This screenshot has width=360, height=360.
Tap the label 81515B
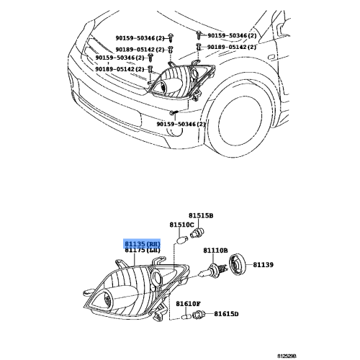tap(202, 215)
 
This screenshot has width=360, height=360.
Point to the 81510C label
tap(181, 225)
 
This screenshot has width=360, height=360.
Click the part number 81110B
tap(215, 251)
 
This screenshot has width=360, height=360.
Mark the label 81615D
tap(225, 314)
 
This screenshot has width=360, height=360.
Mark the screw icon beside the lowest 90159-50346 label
tap(174, 114)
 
